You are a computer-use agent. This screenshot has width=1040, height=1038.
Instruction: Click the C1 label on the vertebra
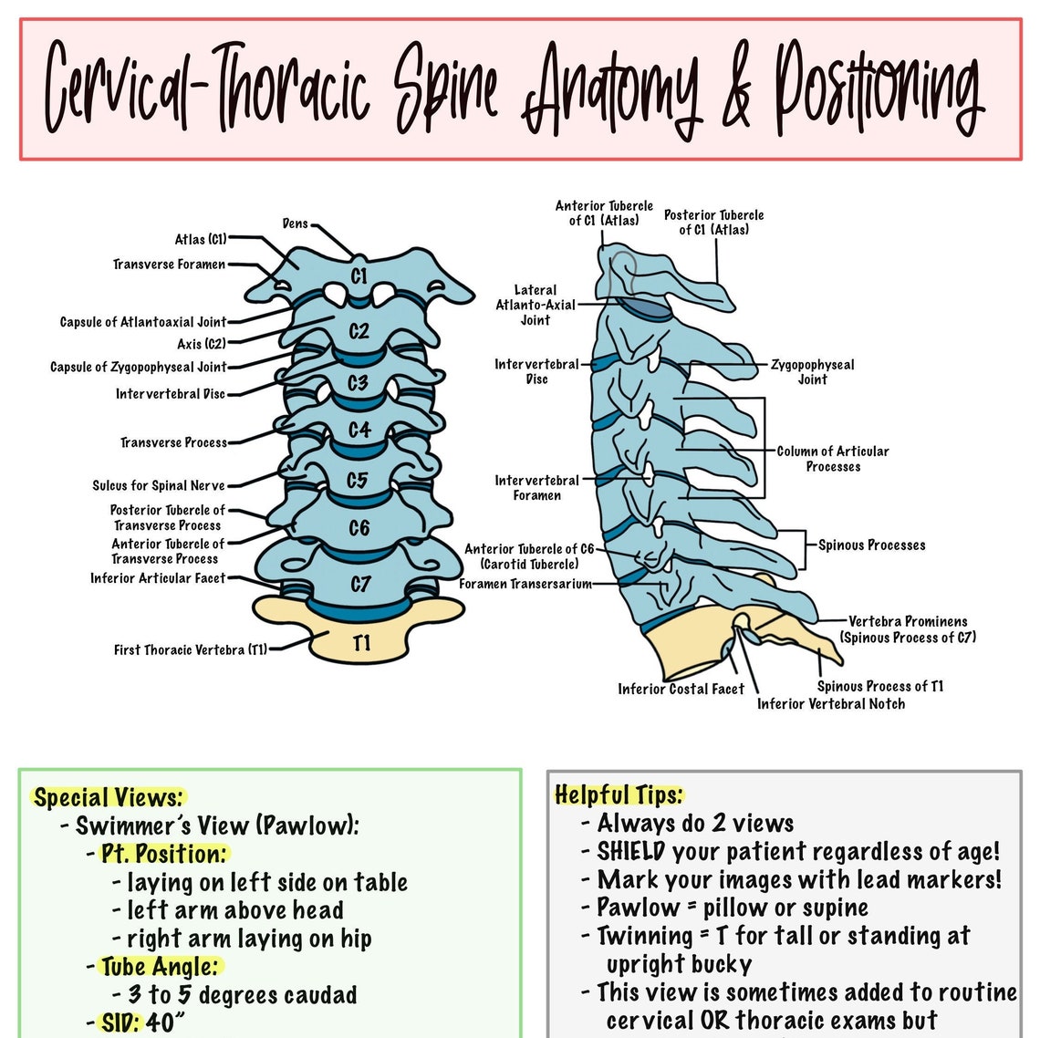[x=359, y=275]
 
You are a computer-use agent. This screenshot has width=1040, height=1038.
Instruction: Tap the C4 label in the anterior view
[x=359, y=429]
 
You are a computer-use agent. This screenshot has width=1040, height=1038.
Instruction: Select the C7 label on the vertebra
[x=360, y=583]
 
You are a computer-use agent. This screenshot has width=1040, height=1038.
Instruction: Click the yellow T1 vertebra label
[x=362, y=643]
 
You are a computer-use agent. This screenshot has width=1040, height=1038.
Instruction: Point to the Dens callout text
[x=296, y=223]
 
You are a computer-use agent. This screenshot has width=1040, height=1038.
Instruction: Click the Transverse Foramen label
[x=169, y=265]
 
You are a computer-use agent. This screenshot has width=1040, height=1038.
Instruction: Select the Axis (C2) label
[x=201, y=344]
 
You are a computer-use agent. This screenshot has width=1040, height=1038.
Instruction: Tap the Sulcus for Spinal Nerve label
[x=158, y=485]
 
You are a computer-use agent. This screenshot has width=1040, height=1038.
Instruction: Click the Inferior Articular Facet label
[x=157, y=578]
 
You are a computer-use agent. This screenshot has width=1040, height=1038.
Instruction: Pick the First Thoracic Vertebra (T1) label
[x=191, y=649]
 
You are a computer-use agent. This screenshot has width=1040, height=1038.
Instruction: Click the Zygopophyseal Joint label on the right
[x=812, y=371]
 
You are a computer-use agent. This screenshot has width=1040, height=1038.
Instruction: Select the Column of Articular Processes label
[x=832, y=458]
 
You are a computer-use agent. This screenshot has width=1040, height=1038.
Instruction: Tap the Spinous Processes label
[x=871, y=545]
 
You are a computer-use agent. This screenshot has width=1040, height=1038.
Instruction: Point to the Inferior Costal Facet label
[x=681, y=690]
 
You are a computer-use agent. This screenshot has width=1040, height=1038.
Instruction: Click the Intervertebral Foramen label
[x=536, y=487]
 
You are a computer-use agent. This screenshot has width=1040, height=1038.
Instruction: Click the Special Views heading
[x=108, y=798]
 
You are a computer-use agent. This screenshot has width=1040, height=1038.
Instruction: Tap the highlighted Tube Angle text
[x=160, y=967]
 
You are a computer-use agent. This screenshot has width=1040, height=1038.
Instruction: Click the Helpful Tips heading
[x=619, y=794]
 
